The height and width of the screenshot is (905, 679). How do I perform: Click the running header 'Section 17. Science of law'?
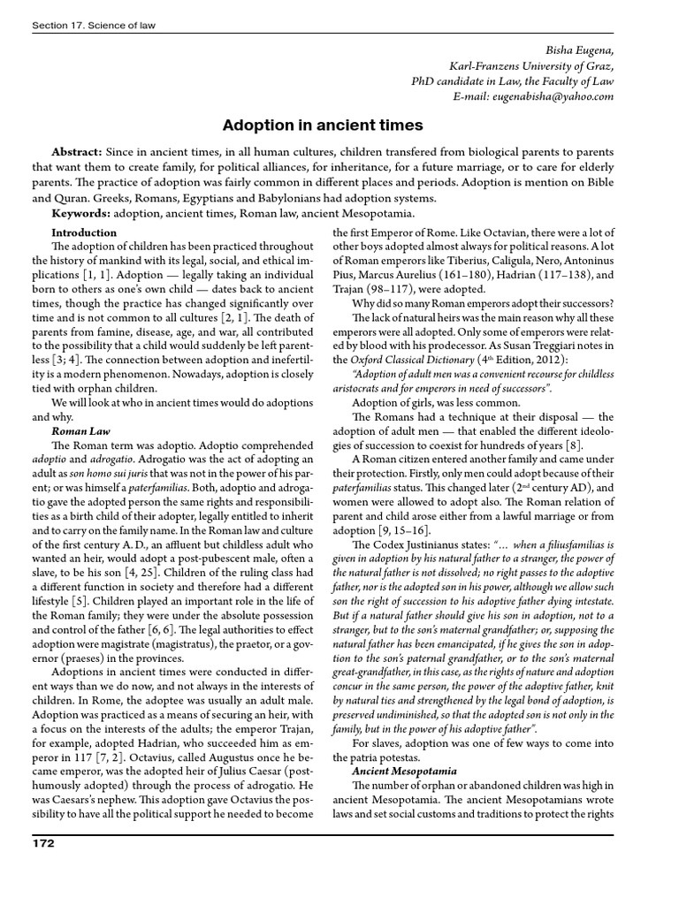(x=93, y=26)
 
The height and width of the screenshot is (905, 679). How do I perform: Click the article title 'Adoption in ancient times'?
(x=322, y=125)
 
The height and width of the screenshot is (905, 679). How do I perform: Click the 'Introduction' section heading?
(x=84, y=232)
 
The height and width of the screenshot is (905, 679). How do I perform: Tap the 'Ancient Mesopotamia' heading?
(x=402, y=771)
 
